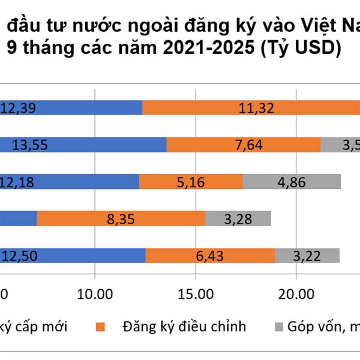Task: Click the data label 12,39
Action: (20, 108)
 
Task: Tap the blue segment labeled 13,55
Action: (84, 145)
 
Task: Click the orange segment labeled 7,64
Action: (243, 145)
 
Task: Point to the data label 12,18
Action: (20, 181)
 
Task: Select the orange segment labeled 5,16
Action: (191, 181)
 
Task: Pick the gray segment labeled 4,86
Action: (292, 181)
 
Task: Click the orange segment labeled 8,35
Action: (120, 218)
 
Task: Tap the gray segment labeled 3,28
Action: (238, 218)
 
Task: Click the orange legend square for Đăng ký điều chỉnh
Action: (100, 328)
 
